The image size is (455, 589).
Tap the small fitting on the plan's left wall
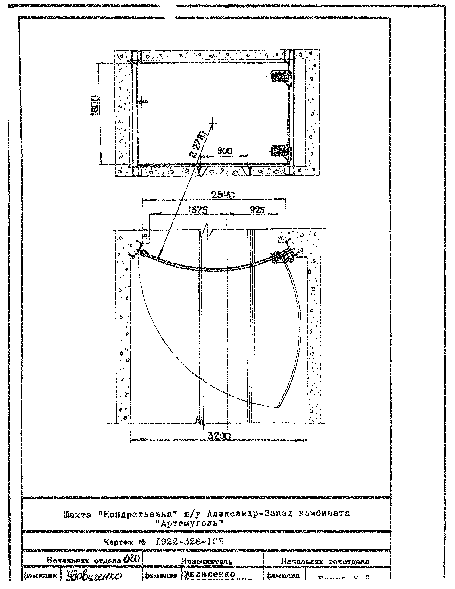point(144,102)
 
